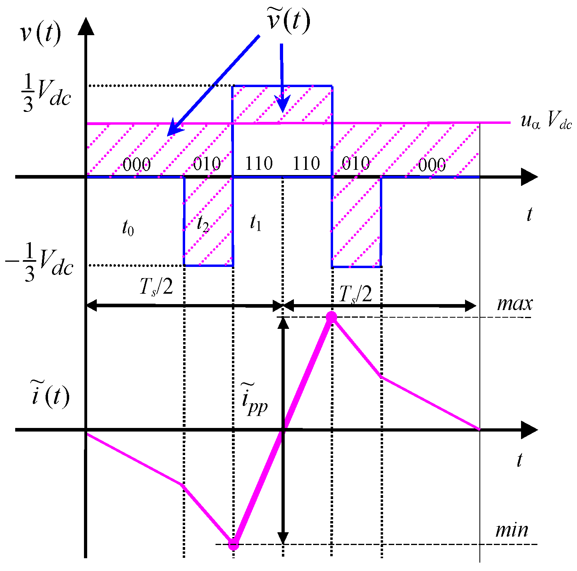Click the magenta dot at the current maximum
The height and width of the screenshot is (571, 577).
pos(331,317)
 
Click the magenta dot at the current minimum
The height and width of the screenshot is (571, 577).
pos(234,544)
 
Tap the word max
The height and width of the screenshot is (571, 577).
pos(515,304)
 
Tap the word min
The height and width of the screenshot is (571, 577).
pos(511,530)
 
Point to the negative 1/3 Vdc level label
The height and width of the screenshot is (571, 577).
pos(40,263)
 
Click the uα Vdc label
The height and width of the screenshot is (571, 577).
pos(546,121)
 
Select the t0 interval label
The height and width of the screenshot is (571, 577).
pos(128,228)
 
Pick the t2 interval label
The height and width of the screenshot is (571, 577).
pos(203,225)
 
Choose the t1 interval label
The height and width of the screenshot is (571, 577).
pos(256,223)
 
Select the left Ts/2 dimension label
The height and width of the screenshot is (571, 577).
pos(156,286)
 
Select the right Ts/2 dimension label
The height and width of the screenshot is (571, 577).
pos(355,294)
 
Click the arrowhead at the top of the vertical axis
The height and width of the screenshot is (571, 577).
pos(86,26)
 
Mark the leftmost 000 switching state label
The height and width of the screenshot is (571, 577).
pos(137,164)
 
